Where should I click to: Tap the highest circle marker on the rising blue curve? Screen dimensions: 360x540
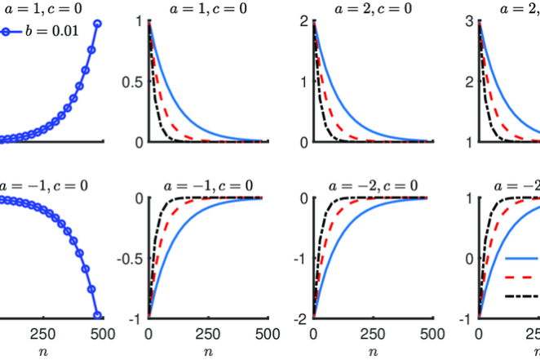(x=97, y=24)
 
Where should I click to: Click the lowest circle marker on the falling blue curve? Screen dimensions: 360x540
(x=97, y=315)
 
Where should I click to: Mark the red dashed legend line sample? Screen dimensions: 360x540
(x=522, y=277)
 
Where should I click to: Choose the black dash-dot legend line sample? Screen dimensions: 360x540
(x=522, y=296)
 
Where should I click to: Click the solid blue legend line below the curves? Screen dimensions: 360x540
(x=522, y=257)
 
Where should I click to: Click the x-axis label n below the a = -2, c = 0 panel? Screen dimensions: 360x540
(x=373, y=352)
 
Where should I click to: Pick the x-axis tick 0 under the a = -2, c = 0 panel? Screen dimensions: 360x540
(x=314, y=333)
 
